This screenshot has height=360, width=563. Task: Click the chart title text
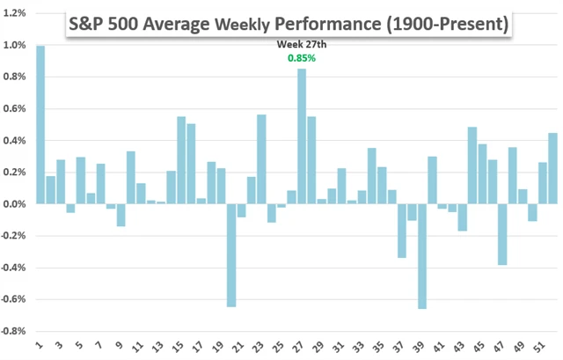click(289, 25)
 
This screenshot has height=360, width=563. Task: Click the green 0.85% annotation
click(302, 58)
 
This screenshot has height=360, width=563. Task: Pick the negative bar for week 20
click(230, 255)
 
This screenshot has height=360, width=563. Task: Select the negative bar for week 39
click(422, 256)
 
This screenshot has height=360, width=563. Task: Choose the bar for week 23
click(261, 159)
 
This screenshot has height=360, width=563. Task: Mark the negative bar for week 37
click(402, 231)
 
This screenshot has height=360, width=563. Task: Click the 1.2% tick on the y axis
click(15, 14)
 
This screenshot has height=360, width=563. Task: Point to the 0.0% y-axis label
click(15, 204)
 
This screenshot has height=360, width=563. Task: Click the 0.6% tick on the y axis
click(15, 109)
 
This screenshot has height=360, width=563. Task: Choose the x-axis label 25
click(281, 348)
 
